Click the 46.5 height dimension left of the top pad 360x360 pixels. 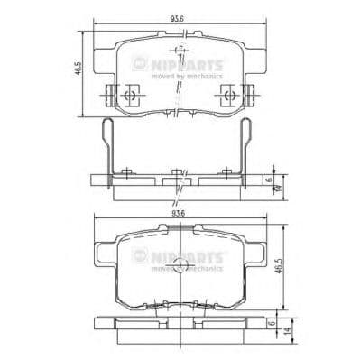pos(79,69)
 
